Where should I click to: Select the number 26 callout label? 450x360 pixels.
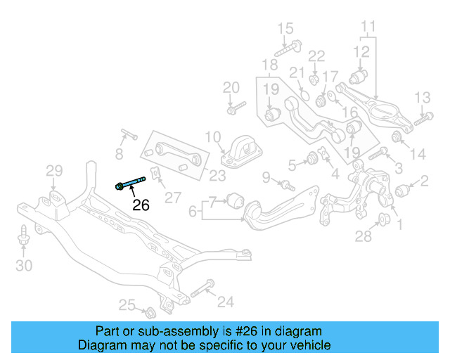coord(141,205)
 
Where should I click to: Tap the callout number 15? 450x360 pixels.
coord(285,29)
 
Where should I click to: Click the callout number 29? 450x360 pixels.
coord(54,170)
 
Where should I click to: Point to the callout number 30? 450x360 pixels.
coord(24,265)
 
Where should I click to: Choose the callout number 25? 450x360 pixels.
coord(126,304)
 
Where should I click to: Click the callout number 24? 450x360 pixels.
coord(225,302)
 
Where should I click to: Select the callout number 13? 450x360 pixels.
coord(422,98)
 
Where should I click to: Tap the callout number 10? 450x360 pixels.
coord(213,136)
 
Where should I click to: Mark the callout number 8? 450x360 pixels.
coord(119,153)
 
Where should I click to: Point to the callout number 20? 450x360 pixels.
coord(231,88)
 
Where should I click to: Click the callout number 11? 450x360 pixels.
coord(368,28)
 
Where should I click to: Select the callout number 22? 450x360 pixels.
coord(317,56)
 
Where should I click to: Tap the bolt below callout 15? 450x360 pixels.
coord(286,49)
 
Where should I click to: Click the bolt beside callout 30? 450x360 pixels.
coord(24,236)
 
